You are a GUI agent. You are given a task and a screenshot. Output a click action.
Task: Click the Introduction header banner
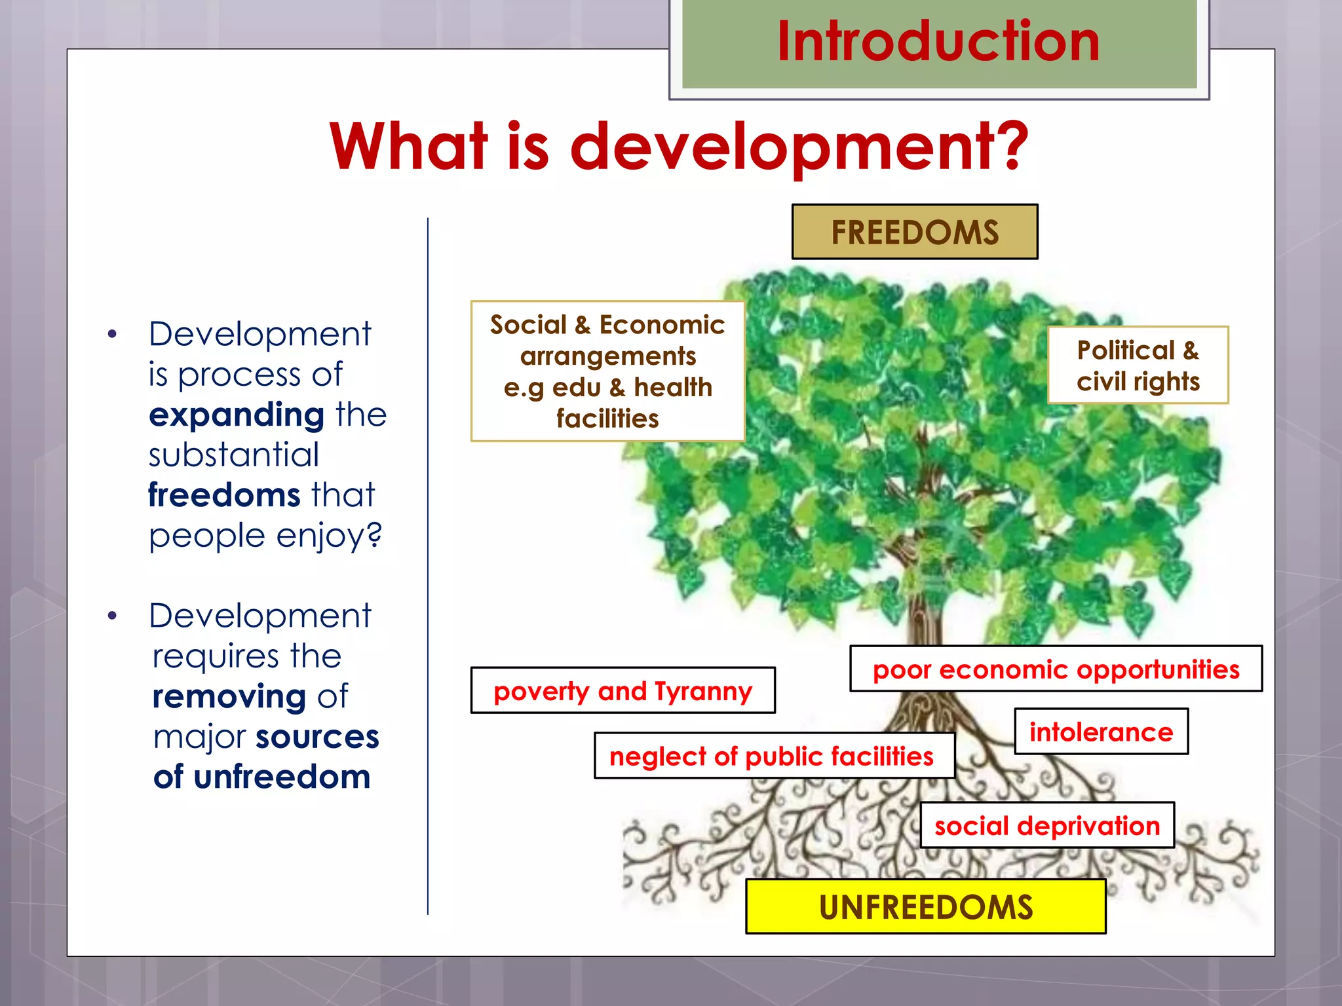pyautogui.click(x=938, y=43)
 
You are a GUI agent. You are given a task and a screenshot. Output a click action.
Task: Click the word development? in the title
pyautogui.click(x=799, y=147)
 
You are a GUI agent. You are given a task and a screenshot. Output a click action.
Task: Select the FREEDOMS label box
pyautogui.click(x=915, y=233)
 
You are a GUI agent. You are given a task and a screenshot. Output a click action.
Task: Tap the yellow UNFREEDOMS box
pyautogui.click(x=925, y=907)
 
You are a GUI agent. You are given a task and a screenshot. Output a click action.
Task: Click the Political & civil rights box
pyautogui.click(x=1138, y=365)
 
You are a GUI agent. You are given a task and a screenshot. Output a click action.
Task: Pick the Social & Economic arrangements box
pyautogui.click(x=607, y=371)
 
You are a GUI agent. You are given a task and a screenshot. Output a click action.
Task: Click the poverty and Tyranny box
pyautogui.click(x=623, y=691)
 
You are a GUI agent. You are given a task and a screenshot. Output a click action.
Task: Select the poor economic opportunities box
pyautogui.click(x=1056, y=669)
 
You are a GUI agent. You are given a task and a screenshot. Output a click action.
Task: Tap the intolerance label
pyautogui.click(x=1101, y=732)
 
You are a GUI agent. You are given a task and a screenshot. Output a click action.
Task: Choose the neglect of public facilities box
pyautogui.click(x=773, y=756)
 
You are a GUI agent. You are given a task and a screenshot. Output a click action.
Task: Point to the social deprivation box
pyautogui.click(x=1046, y=826)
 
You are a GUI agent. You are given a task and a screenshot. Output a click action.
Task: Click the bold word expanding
pyautogui.click(x=237, y=415)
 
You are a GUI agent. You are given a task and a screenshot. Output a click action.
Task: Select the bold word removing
pyautogui.click(x=229, y=696)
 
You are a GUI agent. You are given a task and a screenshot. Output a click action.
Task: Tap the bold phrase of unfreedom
pyautogui.click(x=262, y=777)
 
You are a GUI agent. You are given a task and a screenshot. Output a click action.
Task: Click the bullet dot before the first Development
pyautogui.click(x=112, y=335)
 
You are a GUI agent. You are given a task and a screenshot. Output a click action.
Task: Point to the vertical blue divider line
pyautogui.click(x=428, y=563)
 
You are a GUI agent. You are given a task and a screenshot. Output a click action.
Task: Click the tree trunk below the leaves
pyautogui.click(x=924, y=616)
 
